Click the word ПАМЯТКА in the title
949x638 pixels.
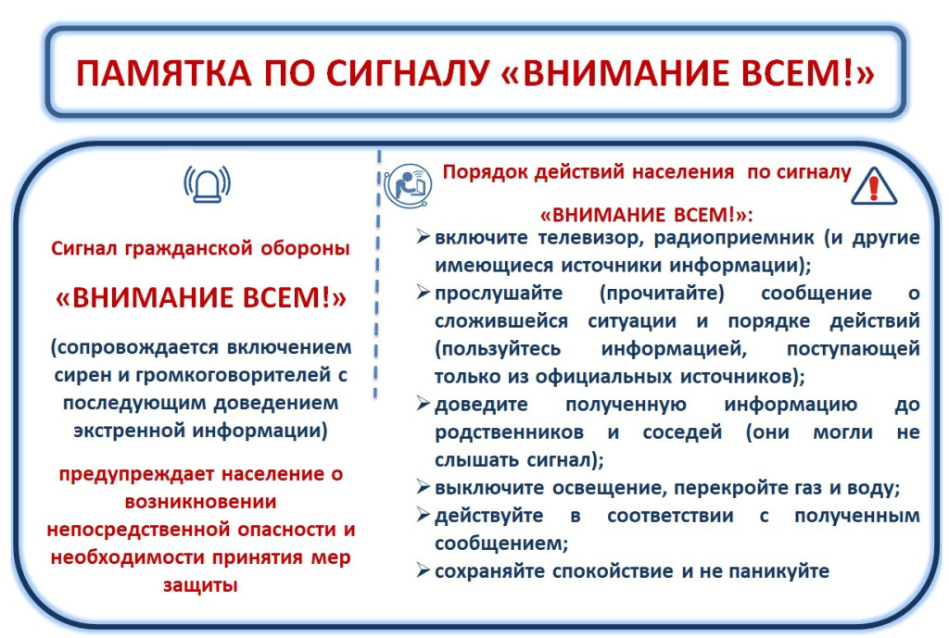(x=163, y=73)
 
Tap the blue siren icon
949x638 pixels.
(x=208, y=184)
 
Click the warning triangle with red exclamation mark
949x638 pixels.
(x=873, y=185)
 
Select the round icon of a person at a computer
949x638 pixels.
(x=408, y=185)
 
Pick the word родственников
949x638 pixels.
(x=509, y=433)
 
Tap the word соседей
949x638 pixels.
(x=682, y=433)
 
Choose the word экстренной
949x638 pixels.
(x=130, y=431)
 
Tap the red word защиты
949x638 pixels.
(x=200, y=585)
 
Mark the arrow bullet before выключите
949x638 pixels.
(x=423, y=486)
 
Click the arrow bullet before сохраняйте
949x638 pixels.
(x=423, y=569)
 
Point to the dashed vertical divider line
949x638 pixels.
(x=378, y=275)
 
